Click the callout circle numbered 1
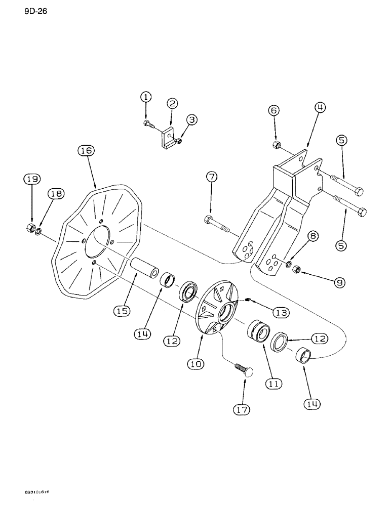[146, 97]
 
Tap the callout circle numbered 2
[172, 103]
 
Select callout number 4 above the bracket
[308, 107]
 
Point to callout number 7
[212, 177]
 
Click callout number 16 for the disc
[86, 150]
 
